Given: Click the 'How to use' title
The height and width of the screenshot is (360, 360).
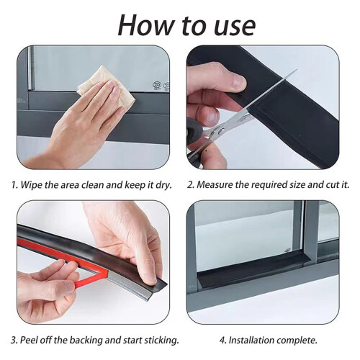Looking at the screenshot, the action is click(186, 26).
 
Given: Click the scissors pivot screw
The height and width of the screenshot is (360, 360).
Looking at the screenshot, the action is click(221, 131).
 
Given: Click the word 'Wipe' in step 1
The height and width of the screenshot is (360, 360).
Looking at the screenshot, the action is click(31, 185).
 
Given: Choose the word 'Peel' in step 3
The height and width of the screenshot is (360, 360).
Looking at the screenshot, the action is click(29, 340).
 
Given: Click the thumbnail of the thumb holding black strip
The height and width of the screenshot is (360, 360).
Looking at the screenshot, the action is click(238, 82).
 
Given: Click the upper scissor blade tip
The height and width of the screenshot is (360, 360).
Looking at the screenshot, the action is click(297, 70).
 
